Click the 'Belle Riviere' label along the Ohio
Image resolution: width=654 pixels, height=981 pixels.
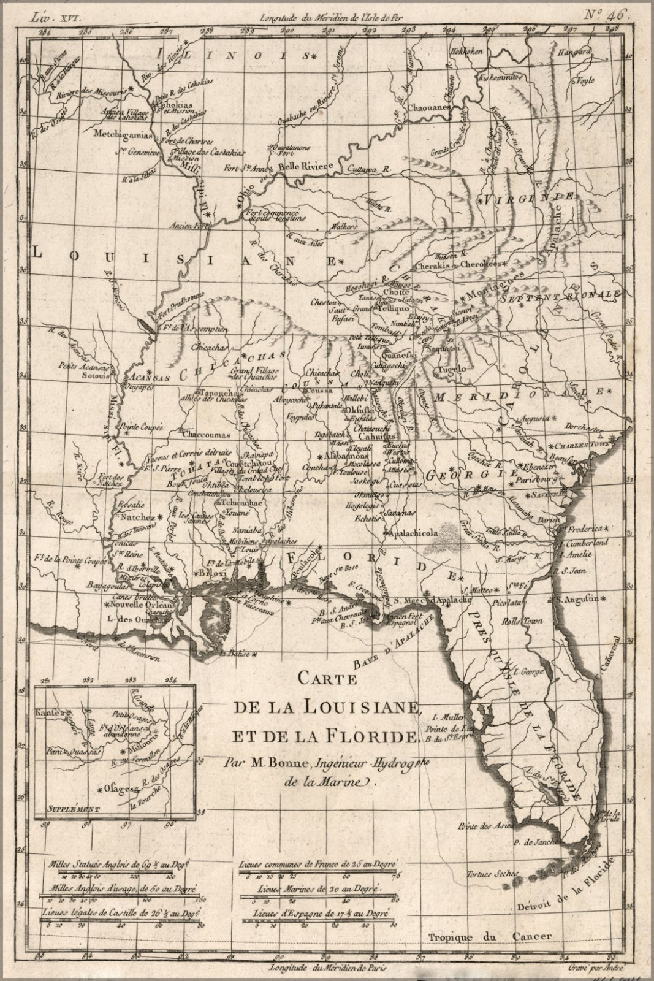coord(305,166)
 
